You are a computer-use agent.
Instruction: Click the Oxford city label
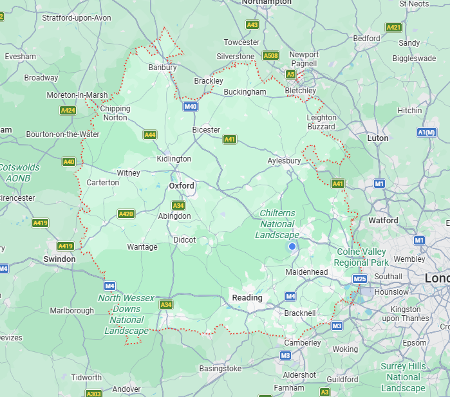pos(182,185)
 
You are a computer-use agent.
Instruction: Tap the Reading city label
pos(247,298)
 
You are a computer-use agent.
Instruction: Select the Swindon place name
pos(59,259)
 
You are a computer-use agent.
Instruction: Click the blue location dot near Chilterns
pos(292,246)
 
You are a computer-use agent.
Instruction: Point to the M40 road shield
pos(190,106)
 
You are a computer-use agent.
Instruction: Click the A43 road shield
pos(252,24)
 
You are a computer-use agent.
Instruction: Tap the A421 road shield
pos(393,27)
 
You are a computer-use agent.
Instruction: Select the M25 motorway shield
pos(360,279)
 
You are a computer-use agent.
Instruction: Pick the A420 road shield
pos(126,214)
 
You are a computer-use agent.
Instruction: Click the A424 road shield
pos(68,111)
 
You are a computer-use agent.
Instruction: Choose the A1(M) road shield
pos(426,133)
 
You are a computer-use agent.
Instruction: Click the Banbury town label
pos(162,67)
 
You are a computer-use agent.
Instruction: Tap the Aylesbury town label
pos(284,160)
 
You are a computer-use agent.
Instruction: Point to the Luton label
pos(378,138)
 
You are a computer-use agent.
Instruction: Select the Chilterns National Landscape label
pos(277,224)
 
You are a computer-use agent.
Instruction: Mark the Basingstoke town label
pos(221,369)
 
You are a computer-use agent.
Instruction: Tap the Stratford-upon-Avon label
pos(77,17)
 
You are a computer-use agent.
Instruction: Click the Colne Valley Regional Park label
pos(362,257)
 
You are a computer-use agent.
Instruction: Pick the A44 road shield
pos(149,134)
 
